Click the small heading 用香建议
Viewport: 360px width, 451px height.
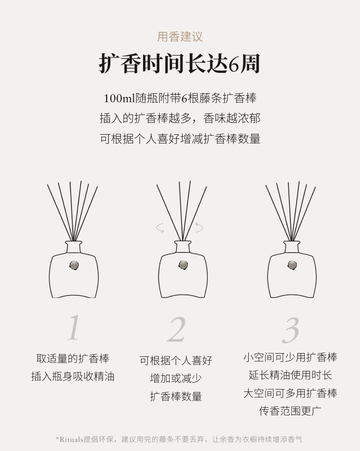180,37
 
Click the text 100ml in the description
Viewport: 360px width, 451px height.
119,98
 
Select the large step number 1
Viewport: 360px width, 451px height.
74,328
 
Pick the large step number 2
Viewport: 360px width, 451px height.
177,329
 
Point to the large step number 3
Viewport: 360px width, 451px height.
291,331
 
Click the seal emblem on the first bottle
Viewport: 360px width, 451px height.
74,265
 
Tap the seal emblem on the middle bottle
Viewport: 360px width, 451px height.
183,265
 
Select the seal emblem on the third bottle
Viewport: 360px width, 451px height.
292,265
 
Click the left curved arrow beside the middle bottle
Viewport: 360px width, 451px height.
159,228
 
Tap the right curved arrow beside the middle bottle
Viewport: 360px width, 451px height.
200,227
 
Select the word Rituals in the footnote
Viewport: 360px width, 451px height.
71,439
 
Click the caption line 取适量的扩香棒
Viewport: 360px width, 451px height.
73,359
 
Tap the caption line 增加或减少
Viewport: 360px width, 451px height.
176,378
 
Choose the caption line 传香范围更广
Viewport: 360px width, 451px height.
290,411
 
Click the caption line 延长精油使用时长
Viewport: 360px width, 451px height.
290,375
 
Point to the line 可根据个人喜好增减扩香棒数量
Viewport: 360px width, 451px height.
180,139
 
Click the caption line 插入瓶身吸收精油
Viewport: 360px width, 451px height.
73,377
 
